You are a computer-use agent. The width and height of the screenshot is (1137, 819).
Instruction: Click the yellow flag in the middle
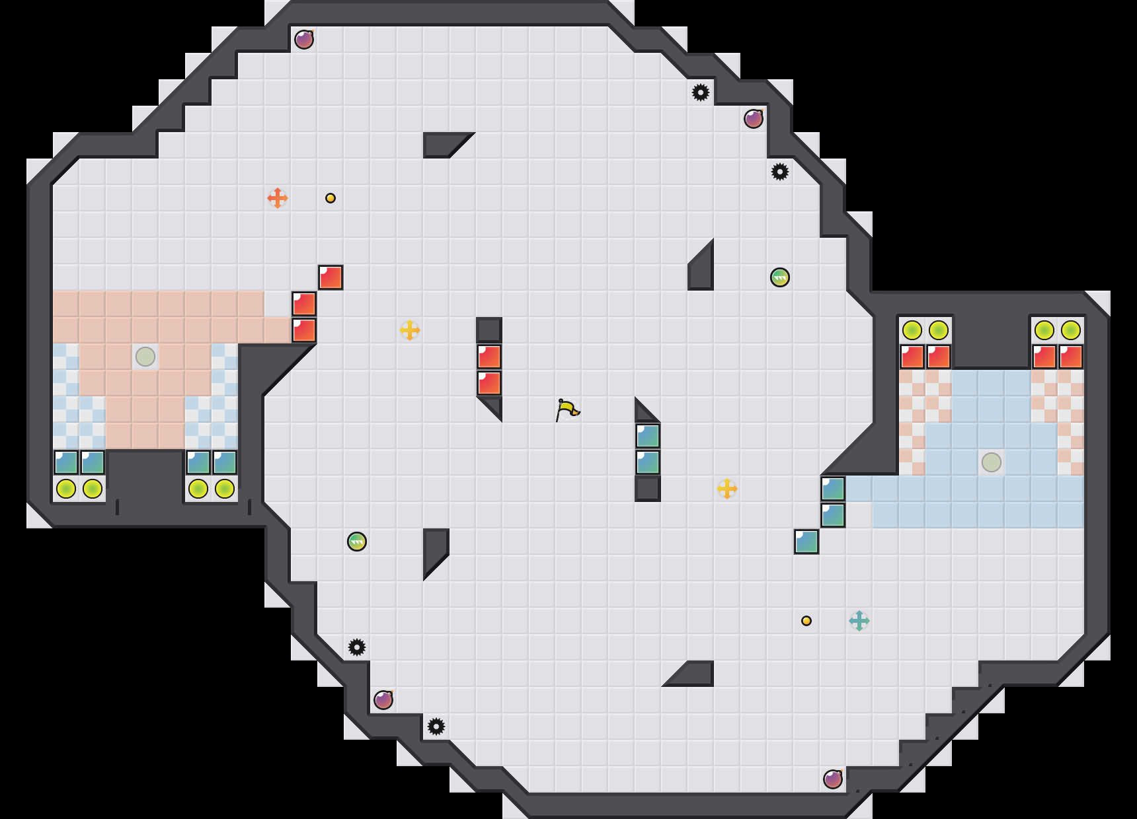pos(567,409)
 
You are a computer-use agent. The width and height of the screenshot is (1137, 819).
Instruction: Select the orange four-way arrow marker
pos(278,197)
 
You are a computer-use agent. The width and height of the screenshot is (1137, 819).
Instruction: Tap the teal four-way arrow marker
pos(859,621)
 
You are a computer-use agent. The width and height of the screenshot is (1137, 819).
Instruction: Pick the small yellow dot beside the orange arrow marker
pos(331,198)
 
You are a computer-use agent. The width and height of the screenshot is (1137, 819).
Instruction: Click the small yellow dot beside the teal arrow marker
pos(806,621)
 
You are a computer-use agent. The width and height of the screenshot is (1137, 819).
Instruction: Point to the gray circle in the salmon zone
pos(145,357)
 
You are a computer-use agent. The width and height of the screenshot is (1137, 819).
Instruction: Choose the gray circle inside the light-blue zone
pos(991,462)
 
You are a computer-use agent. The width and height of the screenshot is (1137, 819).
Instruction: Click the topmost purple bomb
pos(304,40)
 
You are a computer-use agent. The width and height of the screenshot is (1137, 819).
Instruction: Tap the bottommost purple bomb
pos(833,779)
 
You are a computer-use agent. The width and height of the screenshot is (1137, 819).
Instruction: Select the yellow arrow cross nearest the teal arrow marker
pos(727,489)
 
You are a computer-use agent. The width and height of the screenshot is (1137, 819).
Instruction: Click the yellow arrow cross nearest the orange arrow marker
pos(410,330)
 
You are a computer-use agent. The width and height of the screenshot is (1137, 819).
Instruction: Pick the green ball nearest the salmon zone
pos(357,542)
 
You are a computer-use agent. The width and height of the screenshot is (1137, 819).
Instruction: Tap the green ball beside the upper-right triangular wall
pos(780,277)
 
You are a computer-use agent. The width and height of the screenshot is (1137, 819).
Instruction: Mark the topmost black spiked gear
pos(701,92)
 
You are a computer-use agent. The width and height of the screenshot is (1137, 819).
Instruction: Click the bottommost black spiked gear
pos(436,727)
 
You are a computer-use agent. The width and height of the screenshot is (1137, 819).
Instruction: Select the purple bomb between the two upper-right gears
pos(754,119)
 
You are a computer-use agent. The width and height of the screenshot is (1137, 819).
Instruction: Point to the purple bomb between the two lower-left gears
pos(383,700)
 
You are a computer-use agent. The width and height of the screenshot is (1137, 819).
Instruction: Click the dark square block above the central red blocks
pos(489,330)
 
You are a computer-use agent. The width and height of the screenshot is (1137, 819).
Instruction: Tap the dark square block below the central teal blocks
pos(648,489)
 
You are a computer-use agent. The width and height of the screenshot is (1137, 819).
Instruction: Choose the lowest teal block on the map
pos(806,542)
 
